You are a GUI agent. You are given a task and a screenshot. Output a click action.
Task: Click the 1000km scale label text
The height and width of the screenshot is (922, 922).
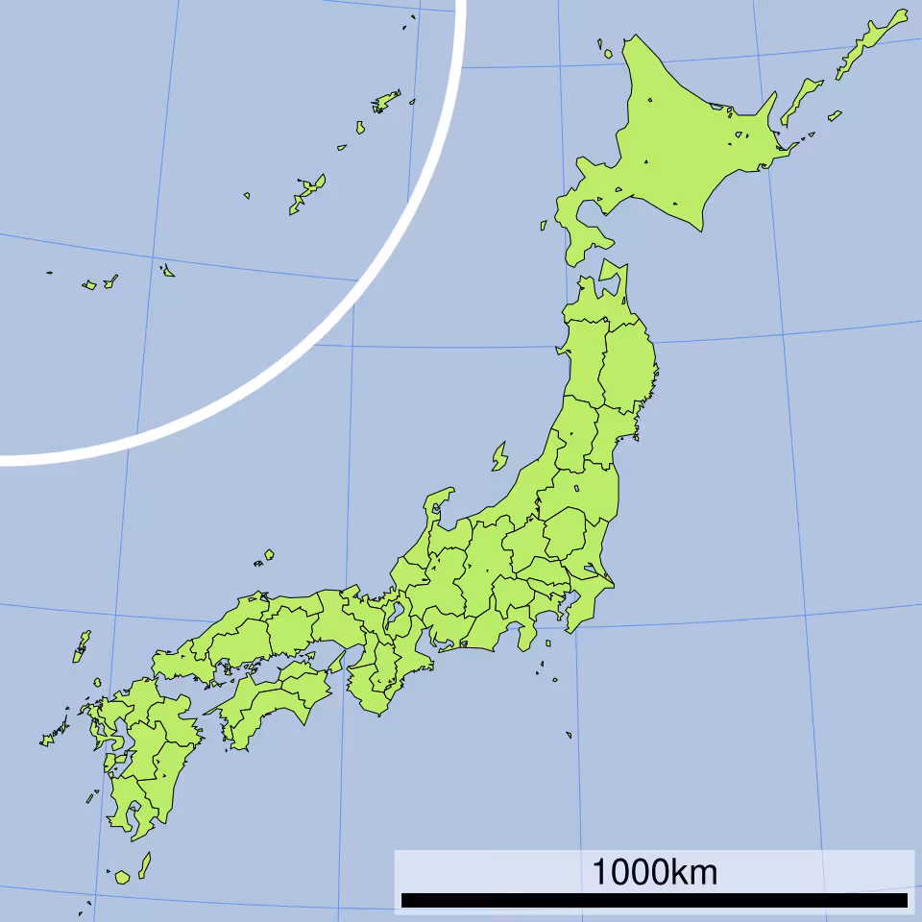coord(653,873)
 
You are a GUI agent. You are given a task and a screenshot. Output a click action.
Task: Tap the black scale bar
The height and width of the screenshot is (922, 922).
coord(653,901)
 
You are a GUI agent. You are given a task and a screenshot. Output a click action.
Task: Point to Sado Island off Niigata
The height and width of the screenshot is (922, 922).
coord(499,456)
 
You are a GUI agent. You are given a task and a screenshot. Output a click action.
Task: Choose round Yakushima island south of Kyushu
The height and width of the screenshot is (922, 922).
coord(122,877)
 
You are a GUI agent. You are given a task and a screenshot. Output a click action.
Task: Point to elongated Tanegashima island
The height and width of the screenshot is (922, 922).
coord(144,864)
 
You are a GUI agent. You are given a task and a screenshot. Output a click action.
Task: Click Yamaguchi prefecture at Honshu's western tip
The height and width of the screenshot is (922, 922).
coord(173,663)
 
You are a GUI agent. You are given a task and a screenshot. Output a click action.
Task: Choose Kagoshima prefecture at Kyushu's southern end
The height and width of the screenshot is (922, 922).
coord(130,802)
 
